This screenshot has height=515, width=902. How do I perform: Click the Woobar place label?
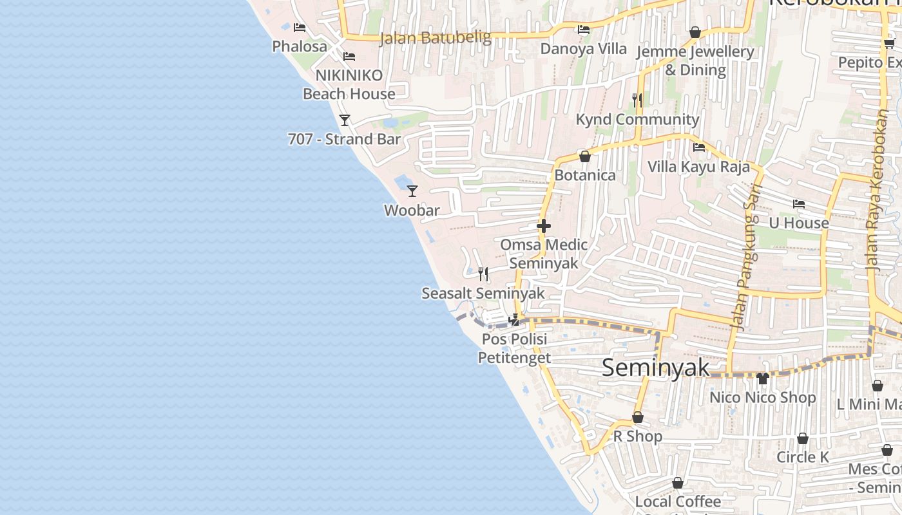tap(412, 211)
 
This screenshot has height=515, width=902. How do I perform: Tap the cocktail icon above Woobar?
tap(412, 191)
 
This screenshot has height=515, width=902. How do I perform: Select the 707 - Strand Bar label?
tap(344, 139)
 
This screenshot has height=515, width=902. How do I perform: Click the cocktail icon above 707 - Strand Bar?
tap(345, 120)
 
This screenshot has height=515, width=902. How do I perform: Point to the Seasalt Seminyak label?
tap(483, 294)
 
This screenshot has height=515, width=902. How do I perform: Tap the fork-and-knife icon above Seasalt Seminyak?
tap(483, 274)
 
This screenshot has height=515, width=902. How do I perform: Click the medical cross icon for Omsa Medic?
tap(544, 226)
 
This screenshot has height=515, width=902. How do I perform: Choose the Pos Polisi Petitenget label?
tap(514, 348)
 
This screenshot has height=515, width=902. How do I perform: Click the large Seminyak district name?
tap(655, 368)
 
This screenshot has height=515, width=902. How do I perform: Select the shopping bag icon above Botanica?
tap(585, 156)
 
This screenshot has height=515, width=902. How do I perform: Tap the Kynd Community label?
tap(637, 120)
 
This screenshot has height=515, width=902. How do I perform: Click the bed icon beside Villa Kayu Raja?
tap(699, 147)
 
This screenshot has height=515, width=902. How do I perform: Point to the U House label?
tap(799, 223)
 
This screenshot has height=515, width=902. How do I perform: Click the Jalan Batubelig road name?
tap(436, 38)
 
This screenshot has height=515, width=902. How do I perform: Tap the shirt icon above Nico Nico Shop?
tap(763, 378)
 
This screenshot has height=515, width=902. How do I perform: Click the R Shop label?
tap(637, 436)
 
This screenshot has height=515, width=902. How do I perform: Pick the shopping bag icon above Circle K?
tap(803, 438)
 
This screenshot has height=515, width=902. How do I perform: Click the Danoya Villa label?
tap(583, 49)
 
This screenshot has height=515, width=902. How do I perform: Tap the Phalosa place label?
tap(300, 46)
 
